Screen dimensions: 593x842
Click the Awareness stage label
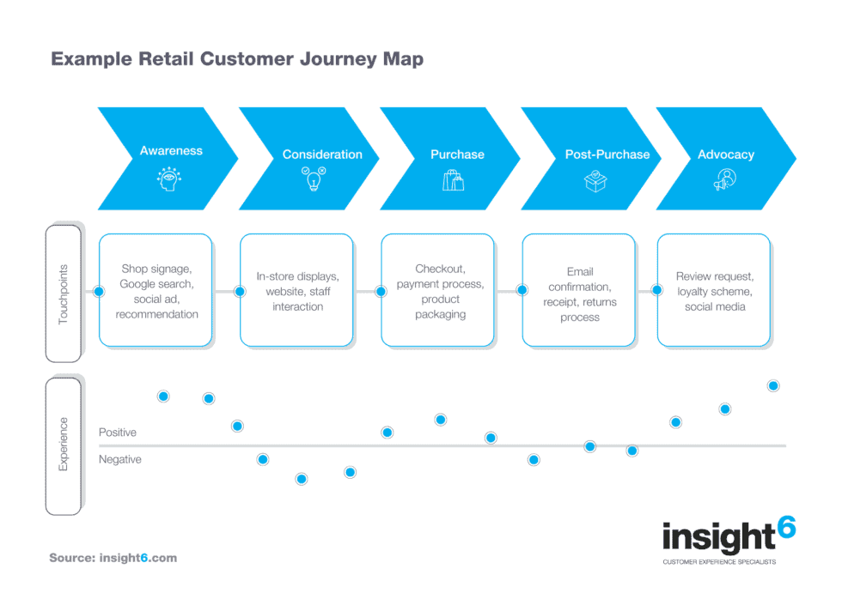pyautogui.click(x=171, y=151)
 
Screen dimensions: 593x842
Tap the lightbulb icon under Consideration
pyautogui.click(x=310, y=179)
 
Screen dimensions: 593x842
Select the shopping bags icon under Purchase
pyautogui.click(x=453, y=180)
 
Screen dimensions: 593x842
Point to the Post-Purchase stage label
pyautogui.click(x=607, y=154)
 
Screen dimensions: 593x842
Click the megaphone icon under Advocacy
pyautogui.click(x=725, y=180)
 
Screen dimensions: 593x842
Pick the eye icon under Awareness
pyautogui.click(x=169, y=179)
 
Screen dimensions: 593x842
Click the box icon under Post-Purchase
pyautogui.click(x=595, y=180)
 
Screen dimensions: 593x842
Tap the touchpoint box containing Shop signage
pyautogui.click(x=156, y=291)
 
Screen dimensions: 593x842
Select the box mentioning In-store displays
pyautogui.click(x=297, y=291)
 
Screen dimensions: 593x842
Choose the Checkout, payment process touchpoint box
pyautogui.click(x=438, y=291)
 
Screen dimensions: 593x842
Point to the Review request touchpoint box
pyautogui.click(x=714, y=291)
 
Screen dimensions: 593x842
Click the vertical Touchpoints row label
pyautogui.click(x=63, y=293)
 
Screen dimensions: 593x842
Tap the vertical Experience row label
pyautogui.click(x=63, y=445)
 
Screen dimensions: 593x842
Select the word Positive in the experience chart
pyautogui.click(x=118, y=433)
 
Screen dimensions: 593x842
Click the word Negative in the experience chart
pyautogui.click(x=120, y=460)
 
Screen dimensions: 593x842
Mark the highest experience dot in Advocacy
pyautogui.click(x=773, y=386)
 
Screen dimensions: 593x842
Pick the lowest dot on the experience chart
pyautogui.click(x=302, y=479)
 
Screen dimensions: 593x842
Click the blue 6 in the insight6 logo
pyautogui.click(x=784, y=529)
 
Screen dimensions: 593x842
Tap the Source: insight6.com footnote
pyautogui.click(x=113, y=558)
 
